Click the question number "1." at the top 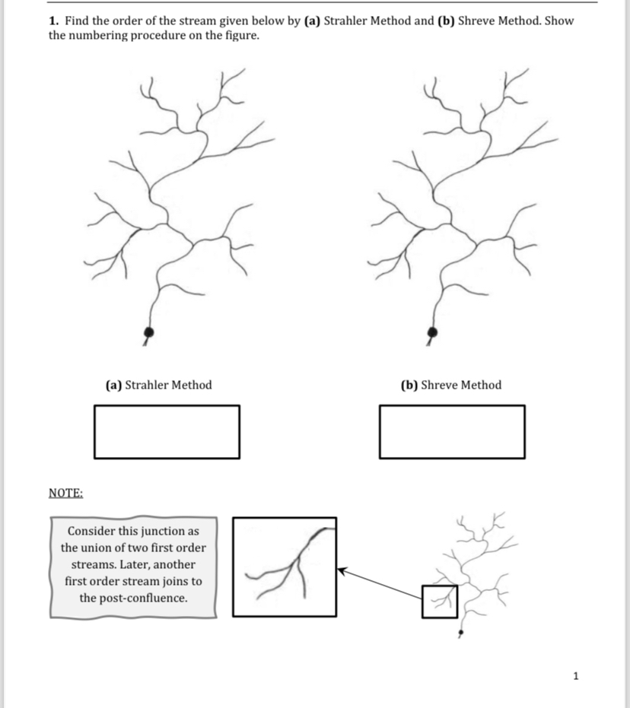pyautogui.click(x=55, y=21)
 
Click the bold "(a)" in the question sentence pyautogui.click(x=312, y=21)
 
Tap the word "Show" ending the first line pyautogui.click(x=558, y=21)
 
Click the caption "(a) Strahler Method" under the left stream pyautogui.click(x=158, y=385)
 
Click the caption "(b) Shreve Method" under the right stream pyautogui.click(x=451, y=385)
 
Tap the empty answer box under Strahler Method pyautogui.click(x=167, y=432)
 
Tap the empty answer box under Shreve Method pyautogui.click(x=452, y=432)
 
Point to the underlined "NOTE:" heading pyautogui.click(x=65, y=493)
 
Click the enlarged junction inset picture pyautogui.click(x=285, y=567)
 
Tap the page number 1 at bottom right pyautogui.click(x=575, y=675)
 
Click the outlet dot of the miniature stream pyautogui.click(x=460, y=633)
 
